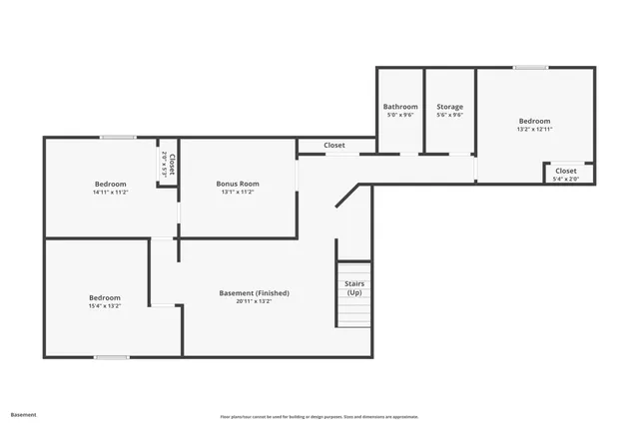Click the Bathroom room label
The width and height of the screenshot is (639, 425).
pyautogui.click(x=399, y=106)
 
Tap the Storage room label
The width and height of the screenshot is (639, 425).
pyautogui.click(x=449, y=106)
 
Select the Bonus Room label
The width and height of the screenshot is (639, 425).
pyautogui.click(x=238, y=184)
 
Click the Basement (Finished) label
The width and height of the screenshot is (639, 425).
pyautogui.click(x=254, y=293)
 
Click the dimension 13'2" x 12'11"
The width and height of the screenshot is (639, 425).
pyautogui.click(x=534, y=129)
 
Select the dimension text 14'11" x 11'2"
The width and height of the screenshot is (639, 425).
pyautogui.click(x=110, y=192)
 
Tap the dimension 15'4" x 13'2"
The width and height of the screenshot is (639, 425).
pyautogui.click(x=104, y=306)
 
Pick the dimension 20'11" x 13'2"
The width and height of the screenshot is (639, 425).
pyautogui.click(x=254, y=301)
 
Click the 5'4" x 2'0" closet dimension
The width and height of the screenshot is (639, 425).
pyautogui.click(x=566, y=179)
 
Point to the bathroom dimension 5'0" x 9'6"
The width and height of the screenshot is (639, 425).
pyautogui.click(x=399, y=115)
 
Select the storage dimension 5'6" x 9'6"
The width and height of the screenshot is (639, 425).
pyautogui.click(x=449, y=115)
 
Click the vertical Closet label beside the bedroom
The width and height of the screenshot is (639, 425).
pyautogui.click(x=172, y=165)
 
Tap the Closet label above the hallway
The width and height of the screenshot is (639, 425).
pyautogui.click(x=334, y=146)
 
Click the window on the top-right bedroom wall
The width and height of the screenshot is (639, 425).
pyautogui.click(x=530, y=68)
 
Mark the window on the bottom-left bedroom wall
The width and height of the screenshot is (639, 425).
pyautogui.click(x=111, y=356)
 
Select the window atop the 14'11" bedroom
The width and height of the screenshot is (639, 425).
pyautogui.click(x=118, y=138)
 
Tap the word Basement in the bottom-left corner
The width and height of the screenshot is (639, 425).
pyautogui.click(x=23, y=414)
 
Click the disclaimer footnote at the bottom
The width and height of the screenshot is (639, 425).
pyautogui.click(x=319, y=416)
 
